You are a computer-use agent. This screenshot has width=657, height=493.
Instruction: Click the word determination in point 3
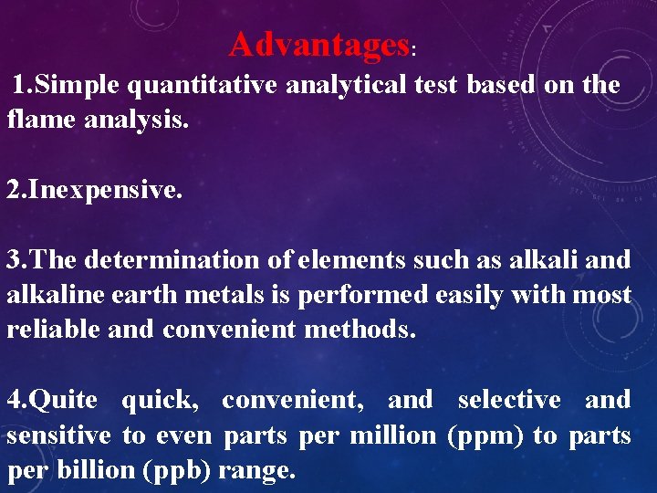click(172, 260)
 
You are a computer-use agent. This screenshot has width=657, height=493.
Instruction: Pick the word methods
click(360, 329)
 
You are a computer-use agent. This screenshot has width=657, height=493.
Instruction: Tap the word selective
click(509, 400)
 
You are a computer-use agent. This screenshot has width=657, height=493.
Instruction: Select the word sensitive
click(58, 435)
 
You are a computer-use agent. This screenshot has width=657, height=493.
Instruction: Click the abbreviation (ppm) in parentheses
click(485, 435)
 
